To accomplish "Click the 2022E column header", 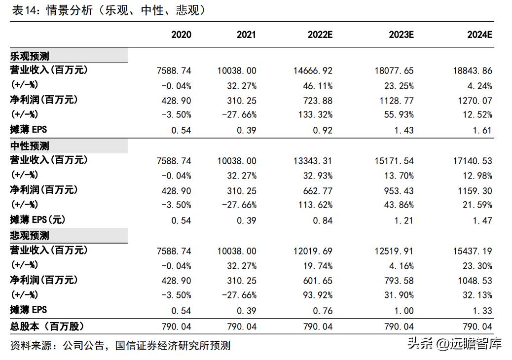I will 320,35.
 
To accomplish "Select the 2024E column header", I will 480,35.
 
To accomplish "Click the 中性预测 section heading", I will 30,146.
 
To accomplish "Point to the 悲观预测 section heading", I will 30,236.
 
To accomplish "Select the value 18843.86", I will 473,71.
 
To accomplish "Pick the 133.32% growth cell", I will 315,115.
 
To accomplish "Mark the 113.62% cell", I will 315,205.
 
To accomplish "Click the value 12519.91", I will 394,251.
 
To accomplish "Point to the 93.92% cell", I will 317,295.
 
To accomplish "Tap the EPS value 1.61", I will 482,131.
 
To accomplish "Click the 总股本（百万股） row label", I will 47,326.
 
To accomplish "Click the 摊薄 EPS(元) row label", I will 38,220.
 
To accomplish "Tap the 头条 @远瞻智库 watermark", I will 454,343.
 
